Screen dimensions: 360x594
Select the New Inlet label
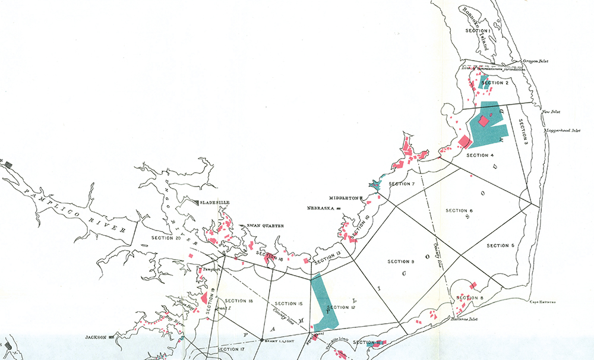pos(551,112)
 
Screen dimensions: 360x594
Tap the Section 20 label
pos(166,238)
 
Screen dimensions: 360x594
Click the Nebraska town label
pos(321,209)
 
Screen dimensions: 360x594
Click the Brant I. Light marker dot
pos(262,340)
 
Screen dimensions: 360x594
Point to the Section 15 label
pos(289,302)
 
